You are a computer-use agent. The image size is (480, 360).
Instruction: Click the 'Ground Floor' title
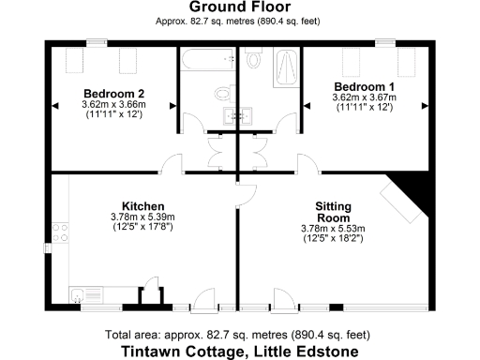coord(239,7)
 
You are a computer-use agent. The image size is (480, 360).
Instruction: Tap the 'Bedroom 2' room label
coord(113,93)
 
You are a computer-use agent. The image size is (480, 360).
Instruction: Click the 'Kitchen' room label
coord(143,206)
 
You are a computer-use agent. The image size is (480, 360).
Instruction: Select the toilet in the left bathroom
coord(220,93)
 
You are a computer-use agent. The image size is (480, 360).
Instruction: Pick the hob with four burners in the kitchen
coord(62,231)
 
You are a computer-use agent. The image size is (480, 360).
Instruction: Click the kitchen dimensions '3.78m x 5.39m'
coord(143,217)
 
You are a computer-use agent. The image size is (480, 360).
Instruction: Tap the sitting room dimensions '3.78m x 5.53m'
coord(333,228)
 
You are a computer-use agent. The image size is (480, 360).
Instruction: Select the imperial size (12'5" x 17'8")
coord(143,228)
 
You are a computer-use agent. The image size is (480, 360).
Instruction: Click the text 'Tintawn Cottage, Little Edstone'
coord(239,352)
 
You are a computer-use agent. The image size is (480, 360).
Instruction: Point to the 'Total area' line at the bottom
coord(239,335)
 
